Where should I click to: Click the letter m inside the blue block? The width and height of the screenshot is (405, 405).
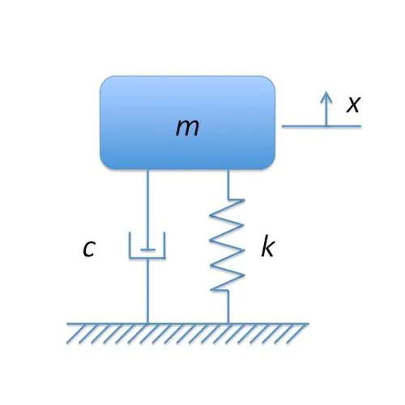point(187,128)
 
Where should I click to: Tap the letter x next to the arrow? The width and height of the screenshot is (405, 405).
point(353,104)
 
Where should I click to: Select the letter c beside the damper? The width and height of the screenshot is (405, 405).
point(89,249)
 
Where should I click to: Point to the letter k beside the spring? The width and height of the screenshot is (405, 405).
point(268,245)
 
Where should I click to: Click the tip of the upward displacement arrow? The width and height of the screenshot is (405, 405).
point(326,92)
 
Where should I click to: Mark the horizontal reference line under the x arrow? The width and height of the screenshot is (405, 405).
point(322,126)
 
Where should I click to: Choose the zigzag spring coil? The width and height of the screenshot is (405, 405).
point(228,245)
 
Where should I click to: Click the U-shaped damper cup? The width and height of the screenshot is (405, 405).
point(147,258)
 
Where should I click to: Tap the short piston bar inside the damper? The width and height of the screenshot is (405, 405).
point(147,249)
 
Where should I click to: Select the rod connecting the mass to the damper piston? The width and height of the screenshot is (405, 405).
point(147,210)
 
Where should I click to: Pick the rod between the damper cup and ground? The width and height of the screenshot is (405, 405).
point(147,291)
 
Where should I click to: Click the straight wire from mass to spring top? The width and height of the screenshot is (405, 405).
point(228,185)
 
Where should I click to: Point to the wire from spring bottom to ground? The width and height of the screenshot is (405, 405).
point(228,307)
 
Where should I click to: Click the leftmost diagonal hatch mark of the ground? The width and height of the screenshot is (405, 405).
point(72,334)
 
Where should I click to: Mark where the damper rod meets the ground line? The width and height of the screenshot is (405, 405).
point(147,323)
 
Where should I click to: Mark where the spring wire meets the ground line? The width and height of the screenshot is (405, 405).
point(228,323)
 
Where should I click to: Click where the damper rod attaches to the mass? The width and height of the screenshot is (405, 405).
point(147,169)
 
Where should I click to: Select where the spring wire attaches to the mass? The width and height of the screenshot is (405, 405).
point(228,169)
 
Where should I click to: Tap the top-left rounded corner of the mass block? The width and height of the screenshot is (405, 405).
point(104,80)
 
